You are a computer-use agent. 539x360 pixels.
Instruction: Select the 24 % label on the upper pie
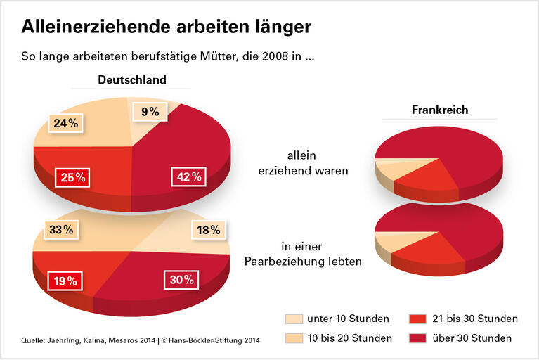(65, 124)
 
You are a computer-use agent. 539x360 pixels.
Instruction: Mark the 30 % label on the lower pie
(181, 280)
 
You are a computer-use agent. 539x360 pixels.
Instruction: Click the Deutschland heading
(131, 79)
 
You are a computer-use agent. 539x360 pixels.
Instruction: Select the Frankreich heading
(440, 110)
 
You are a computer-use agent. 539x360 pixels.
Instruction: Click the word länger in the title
(282, 27)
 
